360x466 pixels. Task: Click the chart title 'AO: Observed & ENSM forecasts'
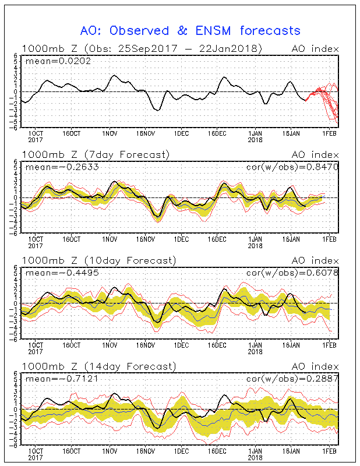(190, 31)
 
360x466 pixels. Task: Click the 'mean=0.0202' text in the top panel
(58, 61)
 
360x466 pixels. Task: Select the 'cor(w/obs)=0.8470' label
(292, 167)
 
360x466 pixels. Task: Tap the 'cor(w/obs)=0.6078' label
(292, 273)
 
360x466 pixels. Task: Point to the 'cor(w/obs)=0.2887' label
(292, 379)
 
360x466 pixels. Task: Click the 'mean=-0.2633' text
(62, 167)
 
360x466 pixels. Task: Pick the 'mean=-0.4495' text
(62, 273)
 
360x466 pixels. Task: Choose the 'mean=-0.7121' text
(62, 379)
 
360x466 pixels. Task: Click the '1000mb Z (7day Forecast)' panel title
(96, 154)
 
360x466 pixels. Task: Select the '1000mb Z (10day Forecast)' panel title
(99, 260)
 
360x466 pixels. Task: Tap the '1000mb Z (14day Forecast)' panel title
(99, 366)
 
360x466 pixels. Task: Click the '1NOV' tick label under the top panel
(110, 134)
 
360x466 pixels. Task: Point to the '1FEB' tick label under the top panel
(329, 134)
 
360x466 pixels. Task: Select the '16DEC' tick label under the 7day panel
(217, 239)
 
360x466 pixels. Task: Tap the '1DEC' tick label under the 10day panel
(181, 345)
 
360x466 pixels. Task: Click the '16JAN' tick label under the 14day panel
(291, 451)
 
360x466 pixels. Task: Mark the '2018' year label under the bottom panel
(255, 458)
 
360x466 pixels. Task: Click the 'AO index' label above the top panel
(315, 49)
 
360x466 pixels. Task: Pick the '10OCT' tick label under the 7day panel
(36, 239)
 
